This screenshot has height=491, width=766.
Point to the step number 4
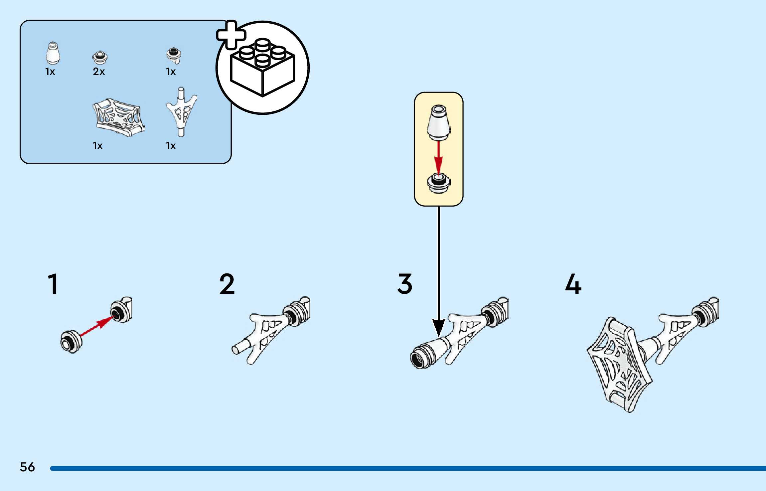coord(573,284)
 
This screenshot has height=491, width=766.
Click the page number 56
coord(27,467)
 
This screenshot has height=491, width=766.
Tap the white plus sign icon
coord(231,35)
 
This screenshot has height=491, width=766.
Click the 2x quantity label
coord(99,72)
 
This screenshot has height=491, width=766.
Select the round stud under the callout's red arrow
coord(438,183)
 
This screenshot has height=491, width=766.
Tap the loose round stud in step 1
coord(71,342)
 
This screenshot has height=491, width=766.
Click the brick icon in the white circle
coord(262,68)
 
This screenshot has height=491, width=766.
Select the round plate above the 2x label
coord(99,57)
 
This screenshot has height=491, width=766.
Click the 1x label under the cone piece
coord(50,72)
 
